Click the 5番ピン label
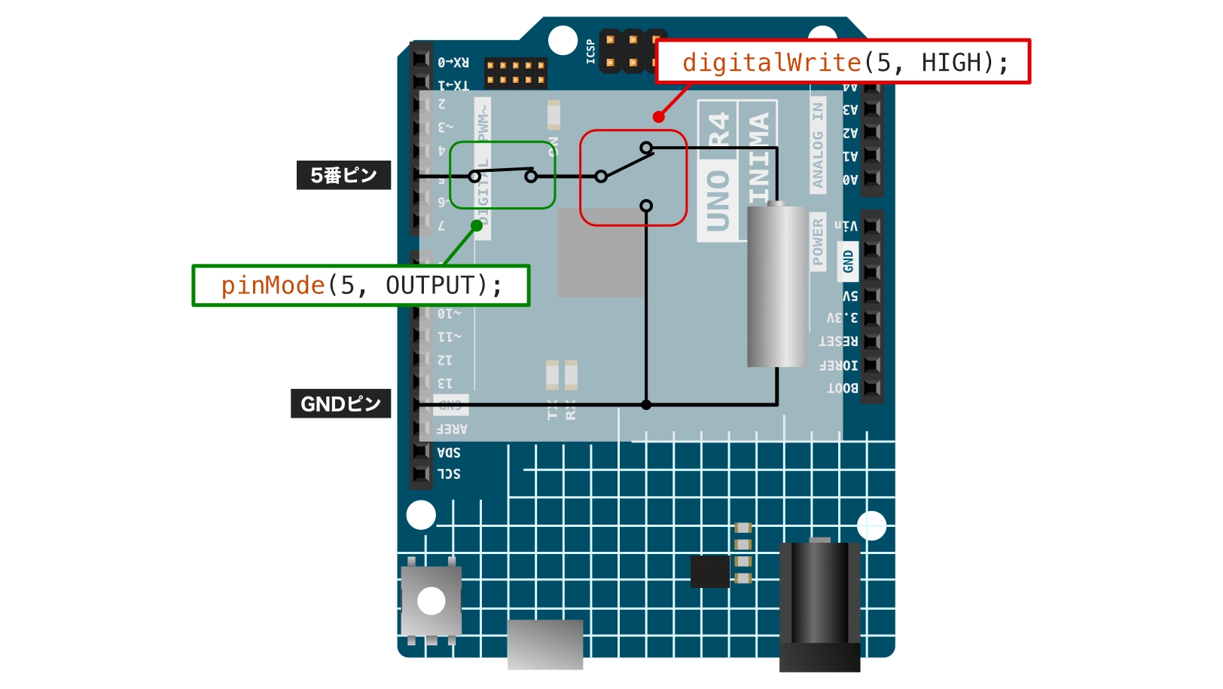[343, 175]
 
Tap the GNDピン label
[340, 403]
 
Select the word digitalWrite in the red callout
[771, 63]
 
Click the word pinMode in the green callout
[273, 286]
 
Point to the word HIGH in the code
[952, 63]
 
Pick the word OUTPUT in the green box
[431, 286]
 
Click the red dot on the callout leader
[659, 116]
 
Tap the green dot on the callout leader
[477, 225]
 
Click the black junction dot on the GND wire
[646, 405]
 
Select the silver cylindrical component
[776, 286]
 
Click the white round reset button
[431, 601]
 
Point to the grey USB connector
[545, 644]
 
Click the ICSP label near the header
[590, 51]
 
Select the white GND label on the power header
[848, 262]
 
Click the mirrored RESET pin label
[838, 341]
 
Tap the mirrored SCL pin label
[449, 474]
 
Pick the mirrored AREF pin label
[452, 429]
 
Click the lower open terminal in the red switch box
[646, 206]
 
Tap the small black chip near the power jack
[710, 571]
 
